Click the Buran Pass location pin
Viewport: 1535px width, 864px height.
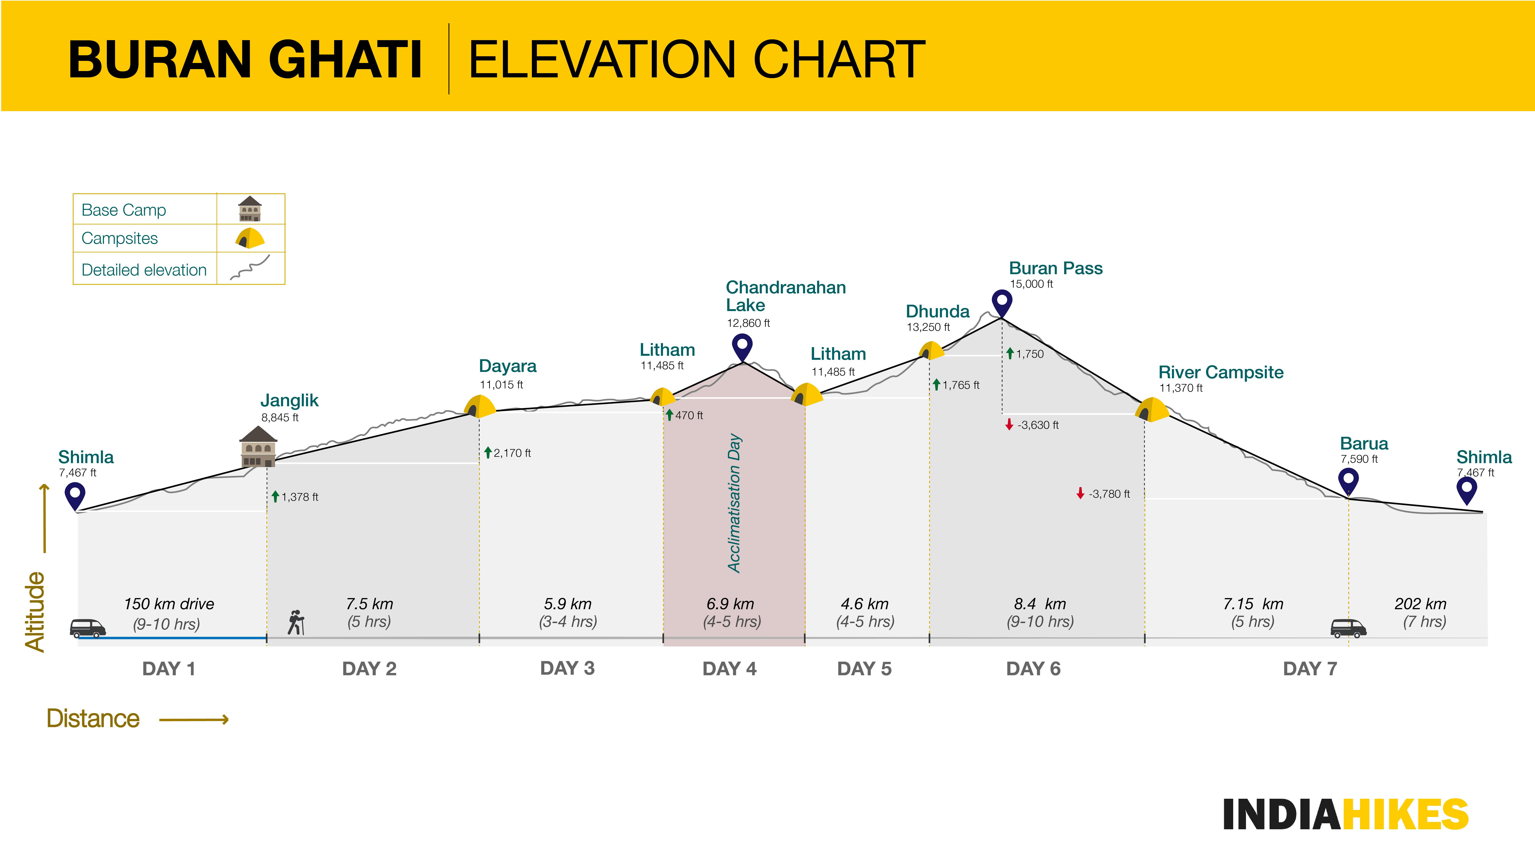1002,302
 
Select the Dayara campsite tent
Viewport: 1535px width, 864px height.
480,406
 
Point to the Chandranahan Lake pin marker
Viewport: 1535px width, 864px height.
742,346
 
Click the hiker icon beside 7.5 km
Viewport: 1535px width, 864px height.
295,622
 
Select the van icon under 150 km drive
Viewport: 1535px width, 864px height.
88,628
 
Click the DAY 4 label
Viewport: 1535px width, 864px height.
729,668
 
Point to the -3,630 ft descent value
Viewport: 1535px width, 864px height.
1037,425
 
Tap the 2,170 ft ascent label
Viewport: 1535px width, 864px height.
511,453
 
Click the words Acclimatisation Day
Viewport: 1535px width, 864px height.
735,503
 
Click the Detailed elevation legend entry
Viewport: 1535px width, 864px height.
144,270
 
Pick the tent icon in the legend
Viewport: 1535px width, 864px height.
250,238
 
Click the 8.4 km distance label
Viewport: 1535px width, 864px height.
1040,604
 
